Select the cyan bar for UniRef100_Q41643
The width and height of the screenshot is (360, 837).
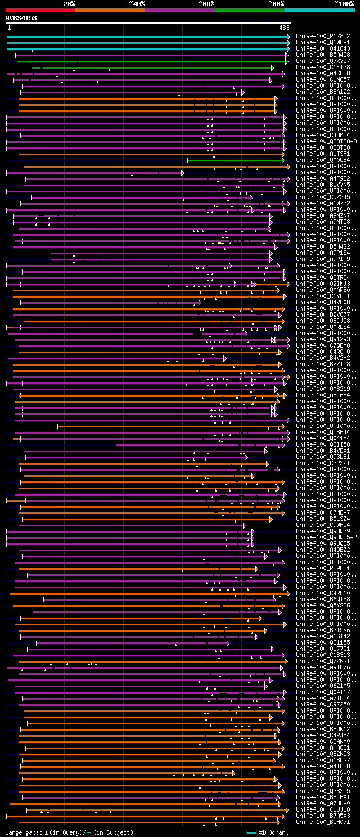point(146,49)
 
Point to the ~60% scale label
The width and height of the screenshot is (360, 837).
point(206,4)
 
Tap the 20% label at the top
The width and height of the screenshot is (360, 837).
point(69,4)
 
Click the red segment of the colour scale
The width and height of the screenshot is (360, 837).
point(39,10)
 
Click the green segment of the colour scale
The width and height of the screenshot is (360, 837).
point(249,10)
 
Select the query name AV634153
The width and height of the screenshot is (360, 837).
point(21,18)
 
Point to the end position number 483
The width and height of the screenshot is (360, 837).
point(284,28)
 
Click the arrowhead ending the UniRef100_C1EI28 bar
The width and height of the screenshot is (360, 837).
point(272,67)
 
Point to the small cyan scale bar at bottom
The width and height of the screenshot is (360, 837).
point(251,832)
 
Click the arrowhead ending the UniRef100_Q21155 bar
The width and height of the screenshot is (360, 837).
point(228,642)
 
